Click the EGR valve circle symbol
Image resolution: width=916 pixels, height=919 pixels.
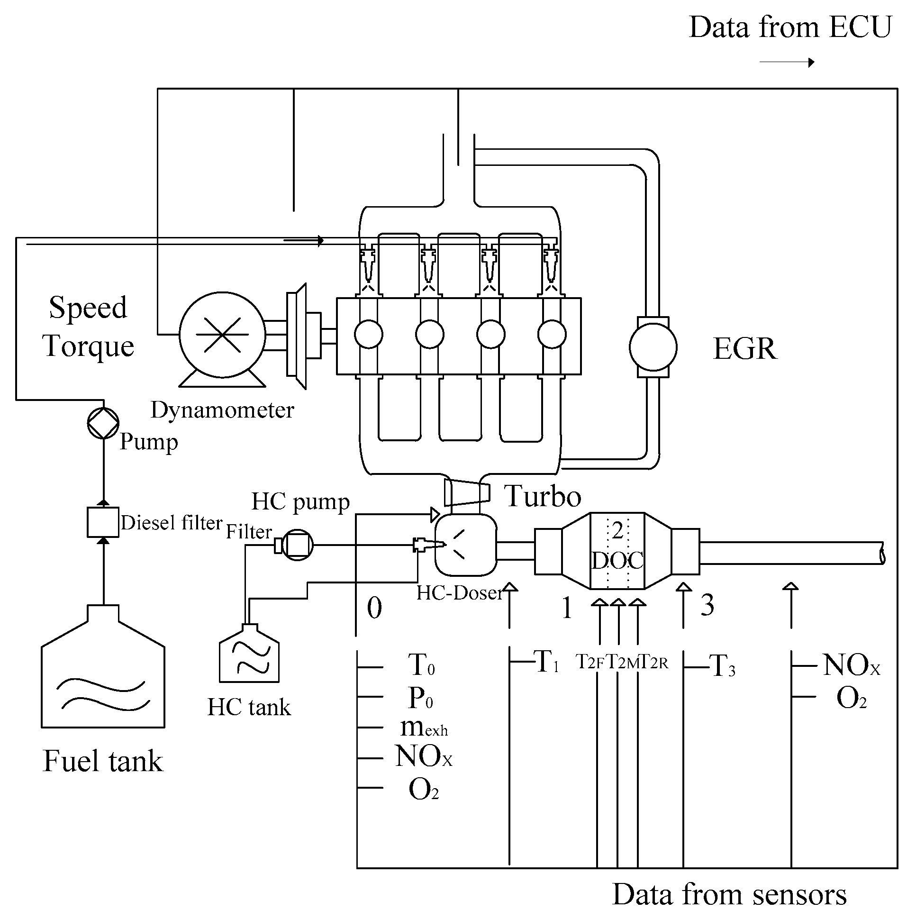tap(653, 347)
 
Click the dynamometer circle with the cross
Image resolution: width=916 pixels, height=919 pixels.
tap(222, 335)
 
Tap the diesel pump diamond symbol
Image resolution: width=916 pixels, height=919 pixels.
tap(103, 423)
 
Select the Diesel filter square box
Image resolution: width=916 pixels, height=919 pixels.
tap(103, 522)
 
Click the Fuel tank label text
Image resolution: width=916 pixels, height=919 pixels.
tap(103, 760)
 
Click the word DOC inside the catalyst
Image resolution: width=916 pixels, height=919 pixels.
tap(617, 561)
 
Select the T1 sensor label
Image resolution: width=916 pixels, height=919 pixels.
tap(546, 662)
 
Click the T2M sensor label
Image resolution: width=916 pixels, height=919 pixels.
tap(622, 662)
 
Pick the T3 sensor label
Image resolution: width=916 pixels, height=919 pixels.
tap(722, 665)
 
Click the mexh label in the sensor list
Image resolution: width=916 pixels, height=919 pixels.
tap(423, 728)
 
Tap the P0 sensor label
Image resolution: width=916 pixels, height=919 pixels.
tap(420, 698)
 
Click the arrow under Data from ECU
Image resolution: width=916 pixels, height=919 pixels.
tap(787, 62)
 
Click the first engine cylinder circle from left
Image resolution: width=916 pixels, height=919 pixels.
tap(369, 335)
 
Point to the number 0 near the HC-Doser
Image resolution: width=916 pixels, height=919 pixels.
tap(374, 608)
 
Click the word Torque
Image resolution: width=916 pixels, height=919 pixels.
tap(89, 346)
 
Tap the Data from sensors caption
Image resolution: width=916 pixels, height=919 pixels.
tap(729, 894)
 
